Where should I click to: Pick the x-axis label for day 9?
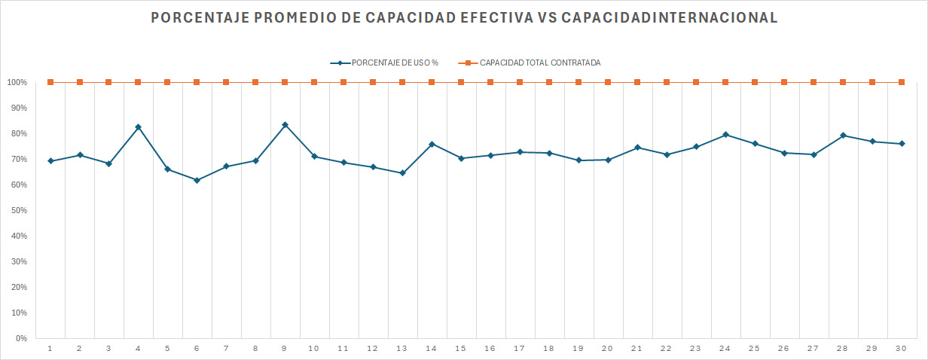285,348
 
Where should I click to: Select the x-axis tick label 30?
901,348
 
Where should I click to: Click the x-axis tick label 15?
461,348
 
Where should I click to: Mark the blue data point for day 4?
138,127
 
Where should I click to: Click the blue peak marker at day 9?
285,125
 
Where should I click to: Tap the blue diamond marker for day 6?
197,180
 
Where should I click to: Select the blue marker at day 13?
402,173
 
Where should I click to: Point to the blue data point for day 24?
725,135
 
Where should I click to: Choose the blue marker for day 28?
843,136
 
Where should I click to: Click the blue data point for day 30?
902,144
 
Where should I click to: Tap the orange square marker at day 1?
50,82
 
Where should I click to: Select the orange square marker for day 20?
608,82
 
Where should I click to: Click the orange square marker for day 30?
902,82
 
